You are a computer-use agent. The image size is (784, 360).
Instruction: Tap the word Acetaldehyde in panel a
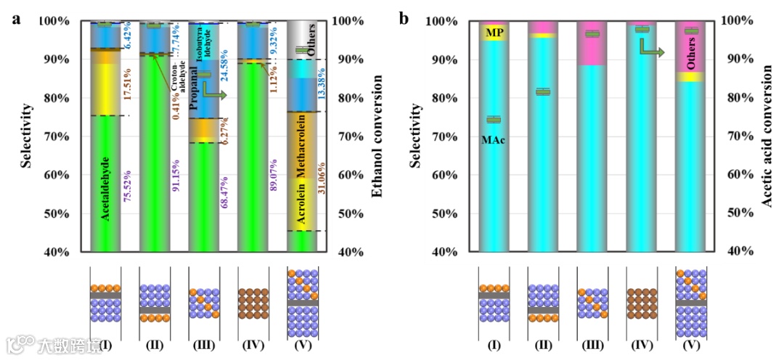(x=105, y=188)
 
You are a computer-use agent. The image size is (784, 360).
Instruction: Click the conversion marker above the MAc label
(x=494, y=120)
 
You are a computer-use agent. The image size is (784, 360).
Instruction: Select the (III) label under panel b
(x=591, y=345)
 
